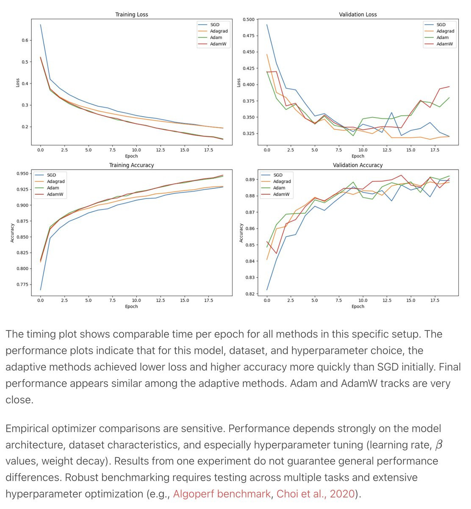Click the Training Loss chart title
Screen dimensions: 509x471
click(131, 14)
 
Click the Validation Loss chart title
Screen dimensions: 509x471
click(357, 14)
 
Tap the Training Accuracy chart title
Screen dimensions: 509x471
click(131, 165)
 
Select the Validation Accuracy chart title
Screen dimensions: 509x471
click(357, 165)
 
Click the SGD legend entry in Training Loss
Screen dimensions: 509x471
click(214, 25)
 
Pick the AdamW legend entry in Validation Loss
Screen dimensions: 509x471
click(444, 44)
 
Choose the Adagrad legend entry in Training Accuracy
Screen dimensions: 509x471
click(55, 182)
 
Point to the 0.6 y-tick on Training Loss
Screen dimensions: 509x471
click(25, 40)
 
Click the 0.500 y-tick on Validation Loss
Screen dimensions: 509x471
click(249, 20)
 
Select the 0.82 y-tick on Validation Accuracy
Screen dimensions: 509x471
click(250, 294)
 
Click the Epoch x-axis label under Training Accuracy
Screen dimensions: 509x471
click(131, 306)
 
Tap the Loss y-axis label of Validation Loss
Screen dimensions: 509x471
click(238, 82)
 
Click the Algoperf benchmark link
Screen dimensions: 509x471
click(222, 494)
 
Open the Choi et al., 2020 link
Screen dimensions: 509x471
click(315, 494)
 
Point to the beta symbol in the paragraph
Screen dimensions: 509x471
click(439, 445)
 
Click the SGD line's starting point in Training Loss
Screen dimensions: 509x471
click(41, 25)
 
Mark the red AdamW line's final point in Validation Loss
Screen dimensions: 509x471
click(449, 87)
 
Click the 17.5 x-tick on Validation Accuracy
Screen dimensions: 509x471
click(435, 300)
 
